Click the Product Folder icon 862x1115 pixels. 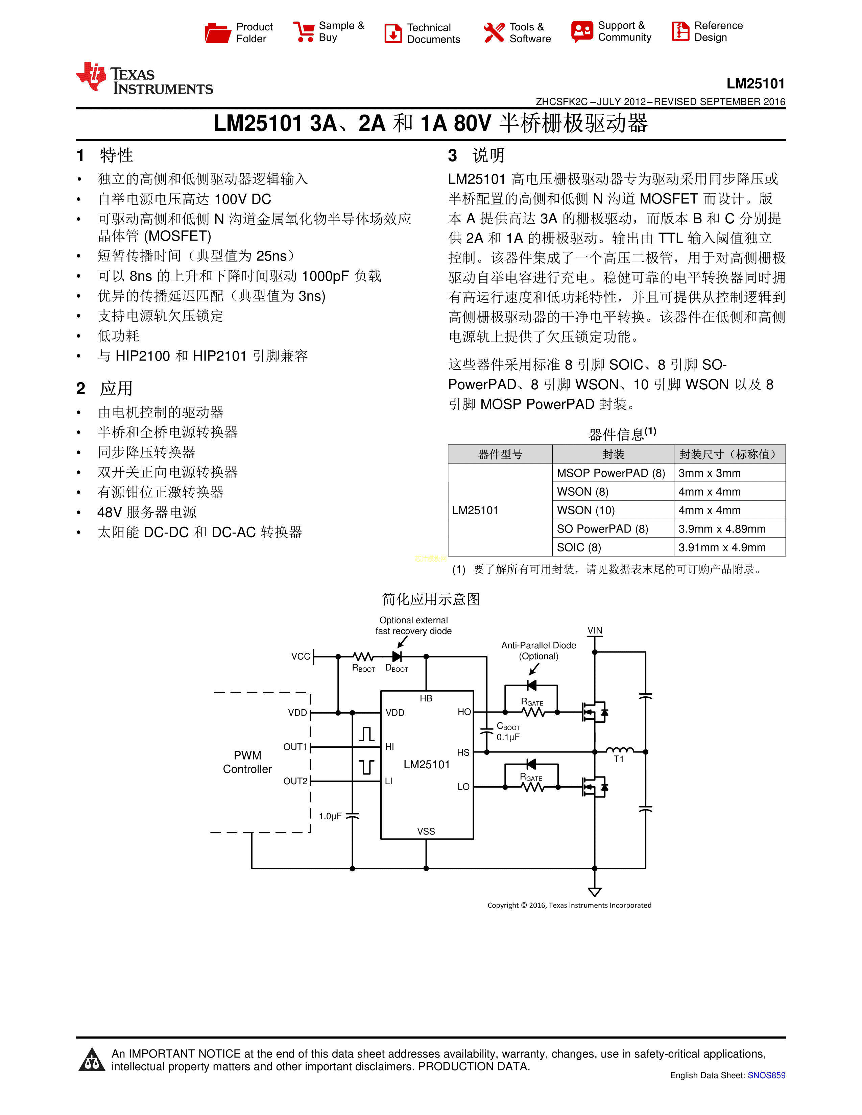coord(218,33)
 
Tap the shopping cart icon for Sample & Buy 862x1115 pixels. coord(304,32)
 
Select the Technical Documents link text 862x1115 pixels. coord(434,33)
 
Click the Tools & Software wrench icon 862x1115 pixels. coord(494,33)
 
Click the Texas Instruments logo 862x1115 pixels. coord(145,78)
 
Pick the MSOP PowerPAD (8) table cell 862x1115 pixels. coord(611,473)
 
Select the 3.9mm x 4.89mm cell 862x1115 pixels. coord(722,528)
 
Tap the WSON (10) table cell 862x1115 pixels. coord(586,510)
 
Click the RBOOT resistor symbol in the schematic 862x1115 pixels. coord(364,656)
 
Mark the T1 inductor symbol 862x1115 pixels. coord(619,750)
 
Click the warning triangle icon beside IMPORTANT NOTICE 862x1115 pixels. coord(92,1060)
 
